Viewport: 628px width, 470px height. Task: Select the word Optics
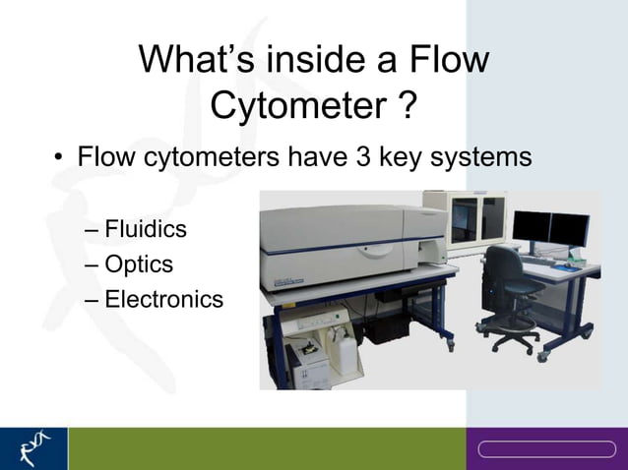click(x=139, y=264)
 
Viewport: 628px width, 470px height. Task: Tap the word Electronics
click(x=163, y=299)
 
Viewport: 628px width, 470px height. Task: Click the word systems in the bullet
click(x=484, y=156)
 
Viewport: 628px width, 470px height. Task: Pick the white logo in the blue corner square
click(x=33, y=448)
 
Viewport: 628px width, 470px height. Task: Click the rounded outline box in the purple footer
click(x=546, y=449)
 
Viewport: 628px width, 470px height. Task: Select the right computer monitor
click(x=570, y=228)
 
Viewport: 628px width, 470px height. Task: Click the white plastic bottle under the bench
click(x=344, y=343)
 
